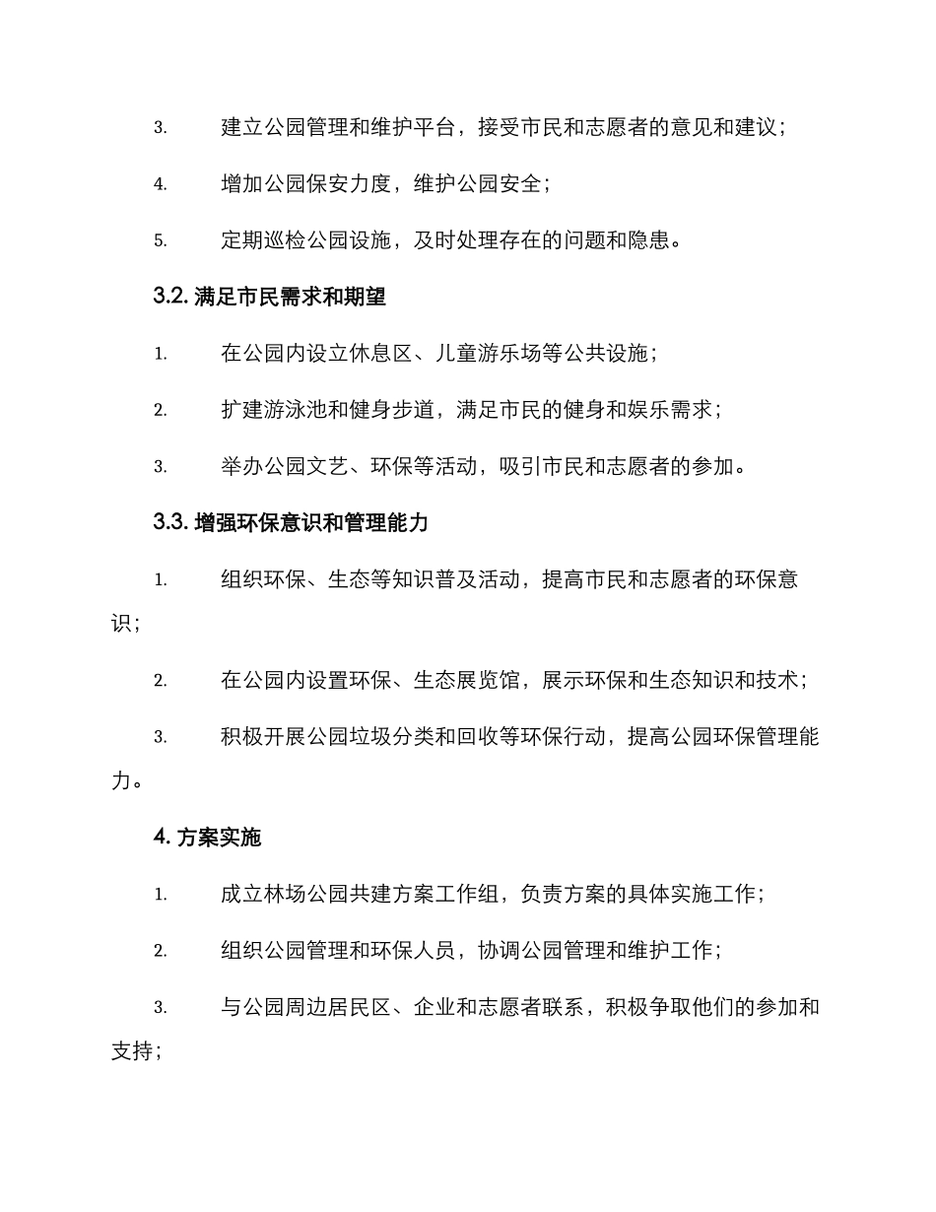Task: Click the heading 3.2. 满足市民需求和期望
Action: [269, 297]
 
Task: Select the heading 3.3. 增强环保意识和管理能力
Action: [291, 523]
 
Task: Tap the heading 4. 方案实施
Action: [207, 838]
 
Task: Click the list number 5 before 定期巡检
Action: [160, 240]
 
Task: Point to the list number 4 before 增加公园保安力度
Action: [160, 184]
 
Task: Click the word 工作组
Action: [477, 895]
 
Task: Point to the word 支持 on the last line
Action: [132, 1051]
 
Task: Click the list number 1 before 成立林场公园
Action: [160, 895]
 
